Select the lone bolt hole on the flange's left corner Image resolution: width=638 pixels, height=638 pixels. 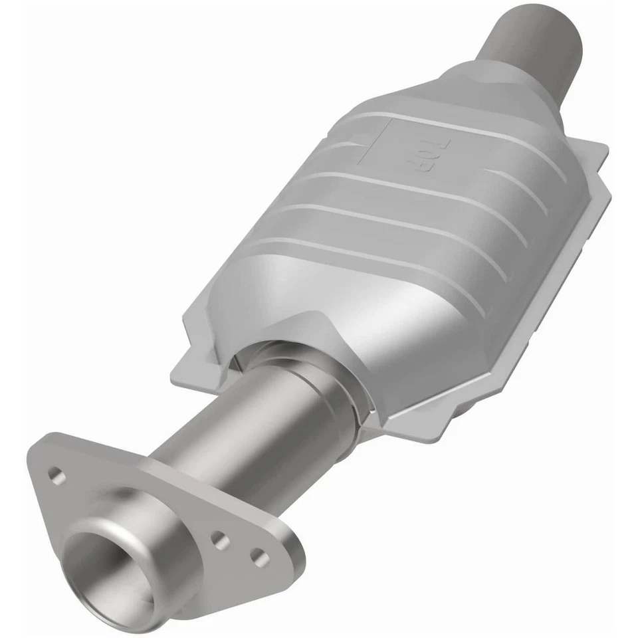57,475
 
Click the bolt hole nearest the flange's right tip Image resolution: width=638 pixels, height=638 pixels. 259,556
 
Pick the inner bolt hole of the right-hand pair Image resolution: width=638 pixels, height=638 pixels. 220,541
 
